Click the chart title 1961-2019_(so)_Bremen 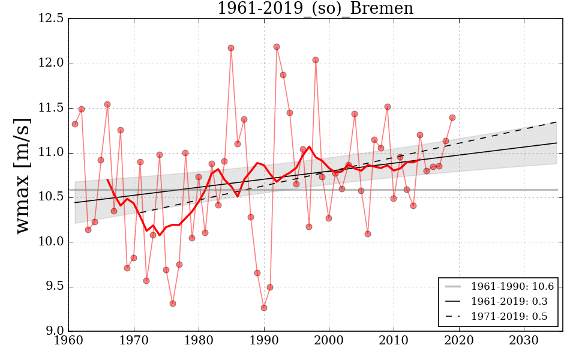(315, 9)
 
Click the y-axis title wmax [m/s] (22, 174)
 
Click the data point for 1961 (75, 124)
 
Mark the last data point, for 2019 (452, 118)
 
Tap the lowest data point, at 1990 (263, 308)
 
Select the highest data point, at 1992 (277, 47)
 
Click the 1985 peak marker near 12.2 (231, 48)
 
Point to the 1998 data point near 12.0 (316, 60)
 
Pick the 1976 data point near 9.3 (172, 304)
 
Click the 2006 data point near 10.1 (368, 234)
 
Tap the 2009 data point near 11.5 (388, 107)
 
